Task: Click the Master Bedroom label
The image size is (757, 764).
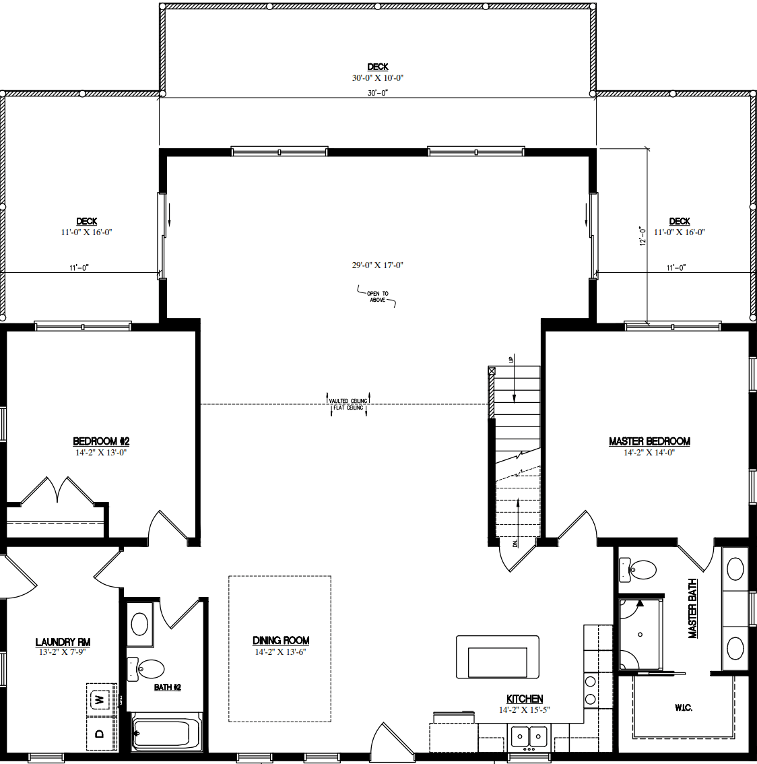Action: coord(649,441)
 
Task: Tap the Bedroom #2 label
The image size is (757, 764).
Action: coord(101,441)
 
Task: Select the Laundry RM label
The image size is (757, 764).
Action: coord(63,642)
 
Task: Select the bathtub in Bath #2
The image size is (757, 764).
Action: coord(166,733)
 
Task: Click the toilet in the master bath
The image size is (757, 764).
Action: coord(638,570)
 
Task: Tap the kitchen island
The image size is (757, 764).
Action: coord(497,657)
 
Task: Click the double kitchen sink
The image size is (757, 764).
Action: coord(529,736)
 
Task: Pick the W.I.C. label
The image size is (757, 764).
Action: coord(683,707)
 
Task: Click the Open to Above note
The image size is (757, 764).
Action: coord(378,296)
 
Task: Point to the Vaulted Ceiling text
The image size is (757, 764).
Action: coord(348,401)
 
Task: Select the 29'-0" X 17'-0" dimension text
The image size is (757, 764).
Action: coord(377,265)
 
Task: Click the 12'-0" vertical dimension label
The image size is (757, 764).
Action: coord(643,236)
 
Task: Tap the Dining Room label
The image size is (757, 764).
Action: coord(281,640)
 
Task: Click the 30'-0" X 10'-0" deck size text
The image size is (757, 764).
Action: coord(378,78)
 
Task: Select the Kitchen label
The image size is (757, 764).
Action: coord(525,699)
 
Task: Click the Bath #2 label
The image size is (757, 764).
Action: coord(168,687)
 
